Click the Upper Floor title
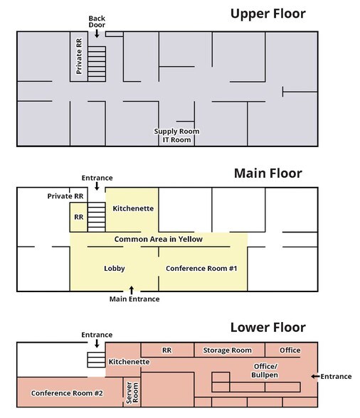tap(268, 14)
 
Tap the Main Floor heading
tap(268, 173)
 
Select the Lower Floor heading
tap(268, 327)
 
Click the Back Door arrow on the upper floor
tap(97, 33)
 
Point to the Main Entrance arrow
tap(132, 290)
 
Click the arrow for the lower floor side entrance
tap(315, 377)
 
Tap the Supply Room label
tap(176, 132)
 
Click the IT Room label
tap(177, 139)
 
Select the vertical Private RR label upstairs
tap(79, 56)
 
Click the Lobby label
tap(115, 269)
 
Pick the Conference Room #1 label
tap(201, 269)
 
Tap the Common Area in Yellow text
tap(159, 239)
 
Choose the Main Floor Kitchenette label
tap(133, 208)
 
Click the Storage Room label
tap(228, 350)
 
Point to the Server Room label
tap(132, 392)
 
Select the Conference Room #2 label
tap(67, 393)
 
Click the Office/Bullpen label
tap(265, 370)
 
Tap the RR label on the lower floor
tap(166, 350)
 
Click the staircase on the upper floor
tap(97, 64)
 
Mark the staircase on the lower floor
tap(96, 360)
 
